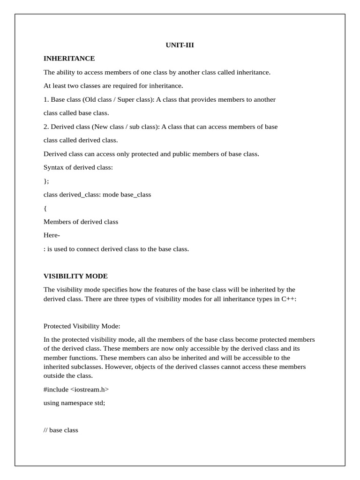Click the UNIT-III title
click(x=180, y=45)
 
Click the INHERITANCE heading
click(x=69, y=59)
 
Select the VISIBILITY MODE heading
click(x=75, y=276)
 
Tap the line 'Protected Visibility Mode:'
click(x=82, y=326)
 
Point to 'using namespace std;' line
click(x=74, y=403)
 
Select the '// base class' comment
click(x=60, y=430)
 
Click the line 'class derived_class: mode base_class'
click(x=97, y=195)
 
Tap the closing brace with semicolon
click(x=46, y=181)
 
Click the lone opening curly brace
click(x=45, y=208)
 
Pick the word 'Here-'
click(x=52, y=235)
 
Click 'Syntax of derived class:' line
click(x=78, y=167)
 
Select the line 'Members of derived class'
click(x=81, y=222)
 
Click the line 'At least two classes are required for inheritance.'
click(x=113, y=86)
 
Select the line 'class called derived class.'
click(x=81, y=140)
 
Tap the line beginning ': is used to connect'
click(x=116, y=249)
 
